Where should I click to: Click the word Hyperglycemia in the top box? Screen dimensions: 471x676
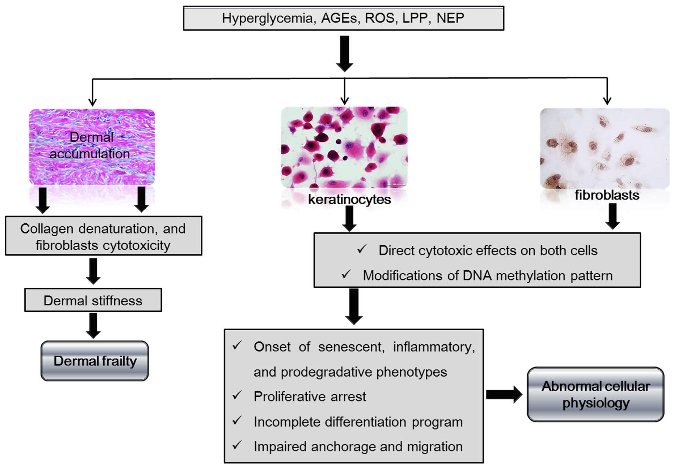[267, 18]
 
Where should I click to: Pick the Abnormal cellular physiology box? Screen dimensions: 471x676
[595, 394]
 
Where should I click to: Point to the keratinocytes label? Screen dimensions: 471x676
[349, 199]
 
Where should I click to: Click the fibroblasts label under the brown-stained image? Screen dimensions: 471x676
[607, 195]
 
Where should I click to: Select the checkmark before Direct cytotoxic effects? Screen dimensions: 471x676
[362, 249]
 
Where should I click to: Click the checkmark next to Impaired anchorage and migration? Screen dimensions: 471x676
[237, 445]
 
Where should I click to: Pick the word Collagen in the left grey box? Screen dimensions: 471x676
[46, 229]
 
